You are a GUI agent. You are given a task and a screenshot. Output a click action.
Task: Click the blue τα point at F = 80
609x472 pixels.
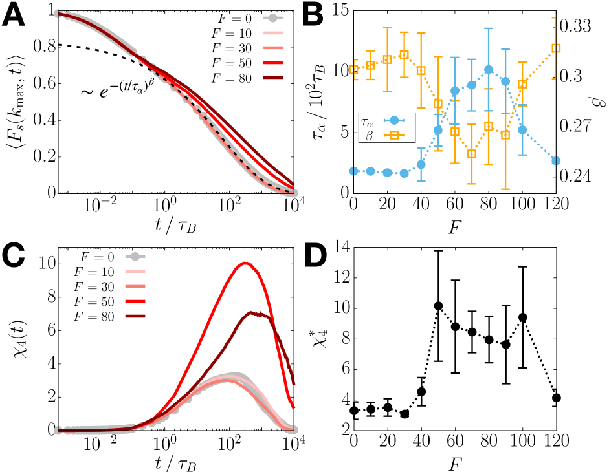pos(489,69)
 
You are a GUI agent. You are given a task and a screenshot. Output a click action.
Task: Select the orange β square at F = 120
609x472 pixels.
pos(555,48)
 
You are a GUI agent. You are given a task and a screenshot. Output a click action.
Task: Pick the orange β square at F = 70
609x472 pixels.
pos(472,154)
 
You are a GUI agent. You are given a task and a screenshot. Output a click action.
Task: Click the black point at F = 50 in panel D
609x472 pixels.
pos(438,305)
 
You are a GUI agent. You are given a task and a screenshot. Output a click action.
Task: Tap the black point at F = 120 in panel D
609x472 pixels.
pos(555,398)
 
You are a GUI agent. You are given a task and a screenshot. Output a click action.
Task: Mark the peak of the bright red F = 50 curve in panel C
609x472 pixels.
pos(244,263)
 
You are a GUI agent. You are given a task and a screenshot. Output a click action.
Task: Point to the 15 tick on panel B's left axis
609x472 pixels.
pos(334,10)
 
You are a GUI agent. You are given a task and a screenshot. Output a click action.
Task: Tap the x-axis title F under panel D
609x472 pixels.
pos(454,461)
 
